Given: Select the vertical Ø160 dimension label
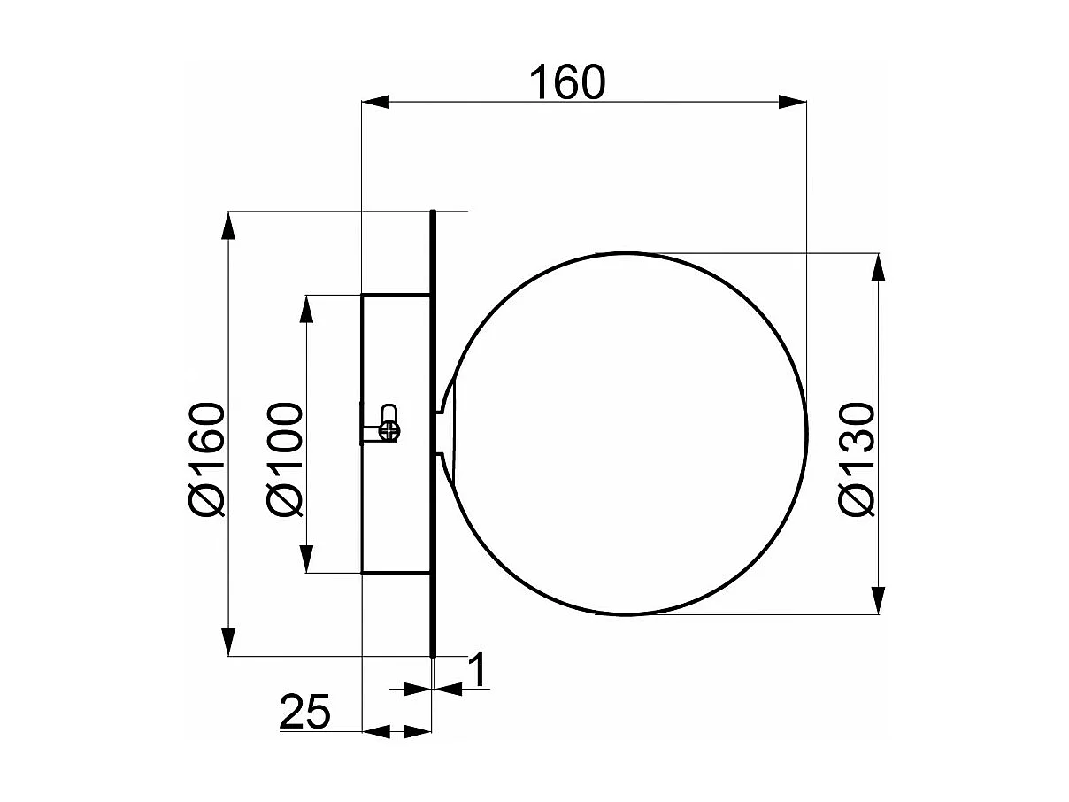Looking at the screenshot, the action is (207, 459).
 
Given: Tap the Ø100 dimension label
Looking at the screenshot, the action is (285, 459).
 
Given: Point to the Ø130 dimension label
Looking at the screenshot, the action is (857, 459).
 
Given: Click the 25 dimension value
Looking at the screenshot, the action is (305, 712).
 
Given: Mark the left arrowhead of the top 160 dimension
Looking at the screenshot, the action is (375, 103).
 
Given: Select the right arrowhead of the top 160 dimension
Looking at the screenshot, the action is (792, 103).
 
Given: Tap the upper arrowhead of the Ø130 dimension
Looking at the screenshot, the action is (878, 267).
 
